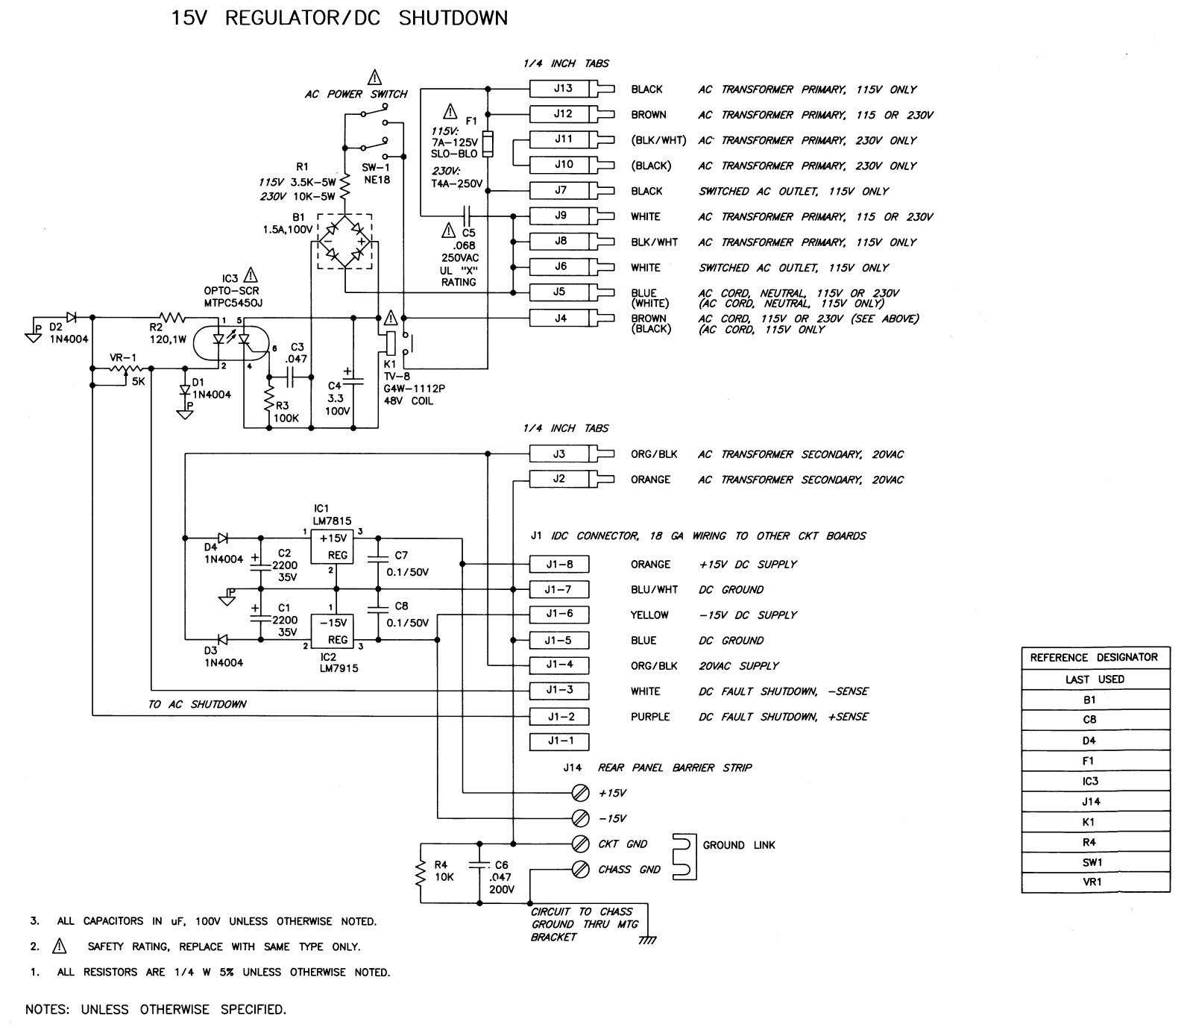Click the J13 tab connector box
point(563,89)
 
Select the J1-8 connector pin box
point(558,565)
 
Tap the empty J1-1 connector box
point(558,741)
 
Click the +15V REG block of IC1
point(332,547)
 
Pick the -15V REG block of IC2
point(332,631)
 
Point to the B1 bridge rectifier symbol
point(344,241)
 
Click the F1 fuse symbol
point(488,144)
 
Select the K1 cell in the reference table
point(1095,822)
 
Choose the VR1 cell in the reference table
point(1095,882)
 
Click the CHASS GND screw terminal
point(579,870)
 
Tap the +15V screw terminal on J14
point(579,792)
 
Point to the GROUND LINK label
point(738,845)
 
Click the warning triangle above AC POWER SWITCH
point(374,77)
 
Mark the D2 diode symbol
point(72,318)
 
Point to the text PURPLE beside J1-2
point(650,717)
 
